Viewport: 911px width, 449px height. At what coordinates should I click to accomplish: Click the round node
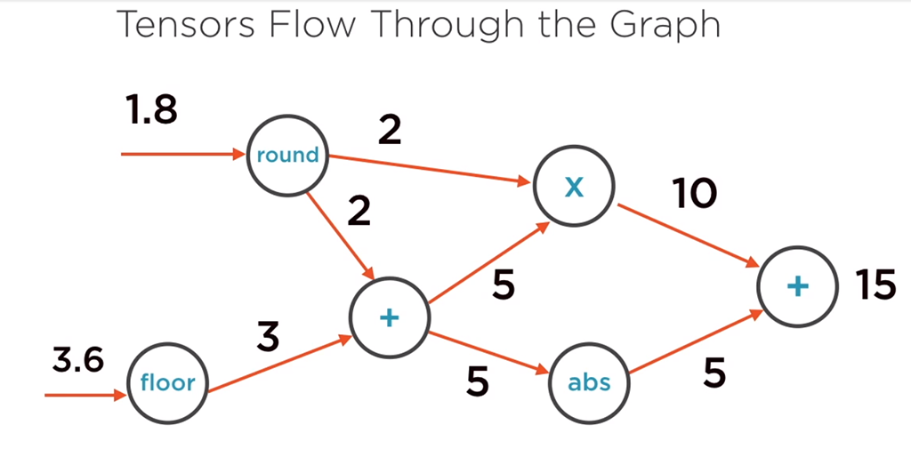click(x=286, y=155)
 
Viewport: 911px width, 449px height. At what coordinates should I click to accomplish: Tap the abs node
click(x=589, y=382)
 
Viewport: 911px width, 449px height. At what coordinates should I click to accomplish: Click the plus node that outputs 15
click(x=797, y=285)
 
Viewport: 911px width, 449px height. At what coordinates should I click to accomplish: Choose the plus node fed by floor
click(x=389, y=318)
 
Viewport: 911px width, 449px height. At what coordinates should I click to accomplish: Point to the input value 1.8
click(x=151, y=111)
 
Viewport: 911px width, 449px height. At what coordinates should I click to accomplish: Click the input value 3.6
click(x=77, y=360)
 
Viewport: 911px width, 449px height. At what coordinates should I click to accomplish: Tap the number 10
click(x=695, y=194)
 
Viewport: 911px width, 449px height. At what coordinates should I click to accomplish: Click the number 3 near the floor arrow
click(x=268, y=337)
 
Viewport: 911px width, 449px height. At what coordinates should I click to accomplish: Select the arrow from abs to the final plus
click(x=694, y=346)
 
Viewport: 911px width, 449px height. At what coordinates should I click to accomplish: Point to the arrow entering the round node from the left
click(x=182, y=155)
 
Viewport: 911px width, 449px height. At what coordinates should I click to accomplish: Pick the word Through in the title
click(x=444, y=26)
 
